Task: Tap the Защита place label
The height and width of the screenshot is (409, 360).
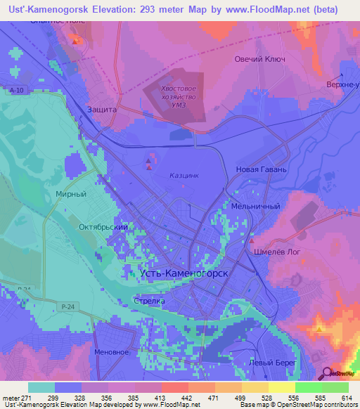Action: coord(101,110)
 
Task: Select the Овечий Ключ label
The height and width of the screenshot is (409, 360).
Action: coord(259,60)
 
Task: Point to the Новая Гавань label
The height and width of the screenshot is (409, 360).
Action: coord(262,169)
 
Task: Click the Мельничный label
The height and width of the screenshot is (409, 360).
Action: coord(256,207)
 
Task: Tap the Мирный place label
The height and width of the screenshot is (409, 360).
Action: coord(70,193)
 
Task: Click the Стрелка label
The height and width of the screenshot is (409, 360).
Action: coord(149,301)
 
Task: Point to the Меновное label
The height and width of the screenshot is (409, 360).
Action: coord(111,351)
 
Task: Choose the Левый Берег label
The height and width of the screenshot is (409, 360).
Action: coord(271,363)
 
